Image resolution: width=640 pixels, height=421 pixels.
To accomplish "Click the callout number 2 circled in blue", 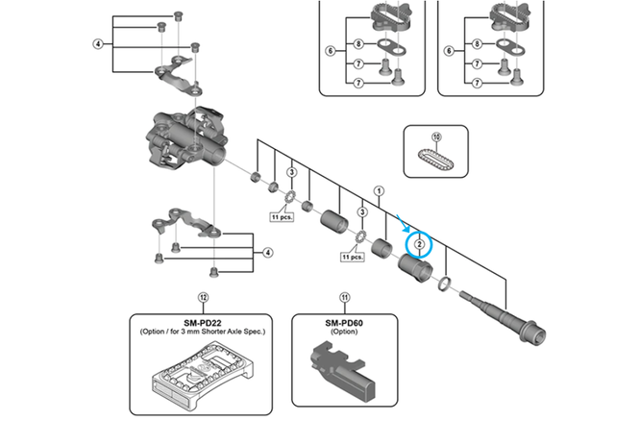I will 420,244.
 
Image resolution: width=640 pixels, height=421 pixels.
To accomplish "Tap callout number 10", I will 437,137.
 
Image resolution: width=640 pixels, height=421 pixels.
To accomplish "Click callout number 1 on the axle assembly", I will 380,190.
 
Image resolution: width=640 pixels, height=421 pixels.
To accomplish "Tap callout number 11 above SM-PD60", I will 345,298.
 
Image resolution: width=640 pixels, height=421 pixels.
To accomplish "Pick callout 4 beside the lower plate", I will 267,252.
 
